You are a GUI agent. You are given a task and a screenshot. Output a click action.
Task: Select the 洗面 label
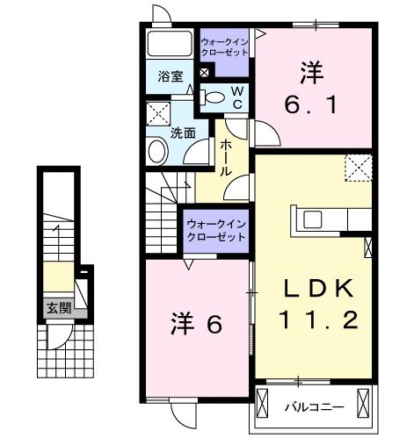[x=183, y=133]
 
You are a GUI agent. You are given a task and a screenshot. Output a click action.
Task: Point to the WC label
[x=236, y=97]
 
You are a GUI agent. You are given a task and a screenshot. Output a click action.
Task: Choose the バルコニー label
[x=307, y=407]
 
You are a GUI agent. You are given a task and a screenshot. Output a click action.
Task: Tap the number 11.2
[x=318, y=320]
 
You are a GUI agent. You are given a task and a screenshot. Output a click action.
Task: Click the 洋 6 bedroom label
[x=193, y=324]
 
